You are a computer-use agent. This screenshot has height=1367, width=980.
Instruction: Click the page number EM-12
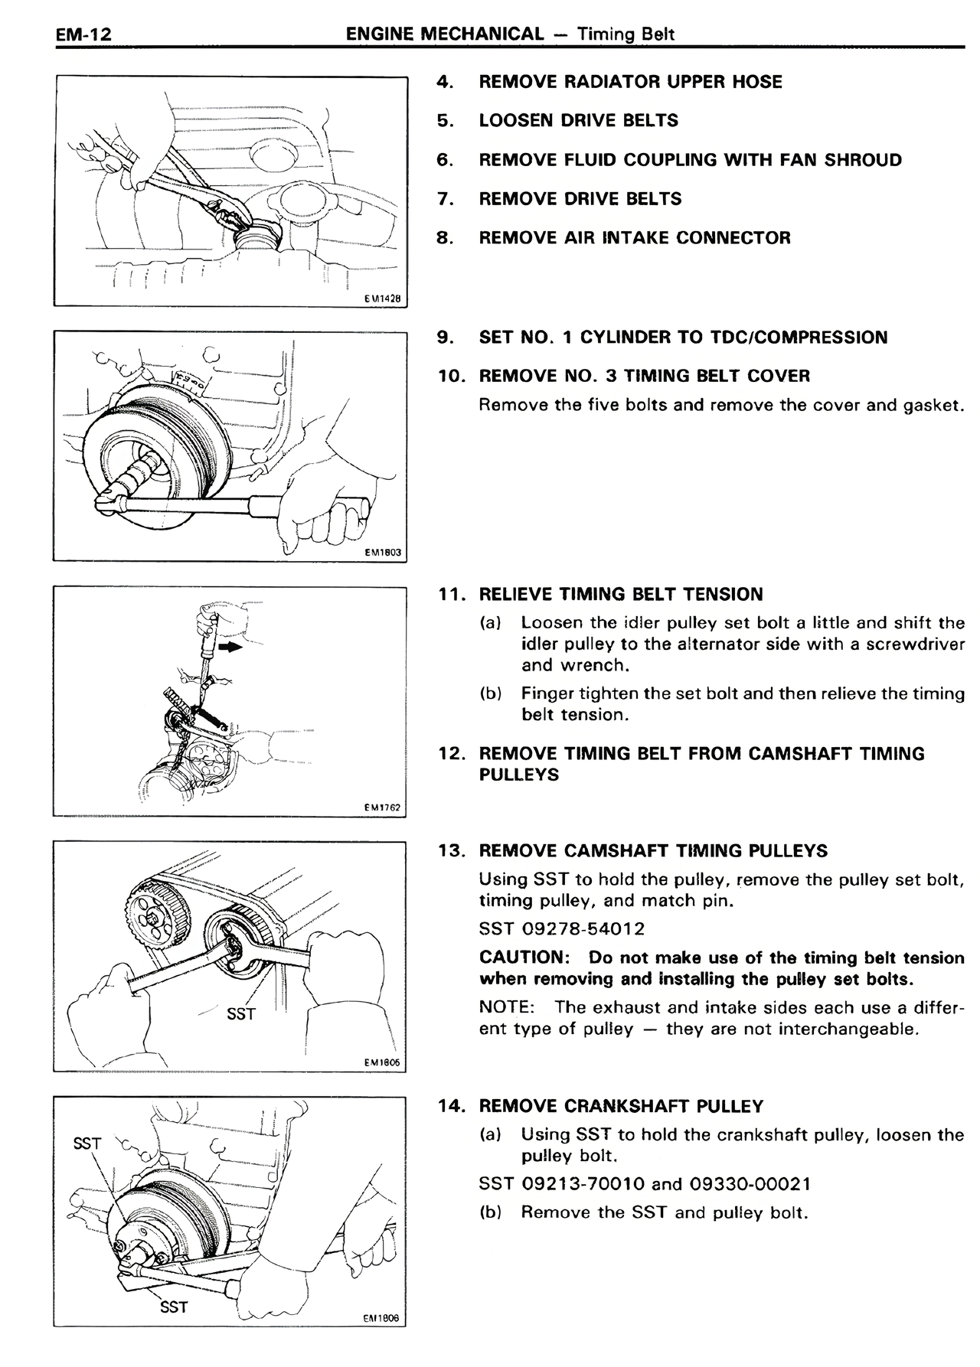pos(83,34)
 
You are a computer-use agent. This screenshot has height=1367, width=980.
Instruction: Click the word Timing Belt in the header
pos(626,34)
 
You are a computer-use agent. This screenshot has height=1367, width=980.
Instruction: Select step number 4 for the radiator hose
pos(443,82)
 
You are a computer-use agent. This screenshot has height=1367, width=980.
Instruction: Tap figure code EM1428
pos(382,299)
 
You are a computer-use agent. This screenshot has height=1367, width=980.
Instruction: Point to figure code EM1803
pos(382,553)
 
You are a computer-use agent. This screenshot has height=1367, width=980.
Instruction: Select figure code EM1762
pos(382,807)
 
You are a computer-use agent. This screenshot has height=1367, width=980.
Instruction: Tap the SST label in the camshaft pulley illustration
pos(241,1014)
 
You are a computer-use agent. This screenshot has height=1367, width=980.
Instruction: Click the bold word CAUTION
pos(521,958)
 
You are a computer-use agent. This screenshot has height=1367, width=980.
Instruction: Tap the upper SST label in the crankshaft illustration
pos(87,1144)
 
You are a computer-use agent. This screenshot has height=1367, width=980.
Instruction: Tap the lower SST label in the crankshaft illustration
pos(174,1307)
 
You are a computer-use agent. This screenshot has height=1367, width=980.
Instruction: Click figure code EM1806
pos(382,1318)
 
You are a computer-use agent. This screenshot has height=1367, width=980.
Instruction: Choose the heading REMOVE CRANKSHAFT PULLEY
pos(621,1106)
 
